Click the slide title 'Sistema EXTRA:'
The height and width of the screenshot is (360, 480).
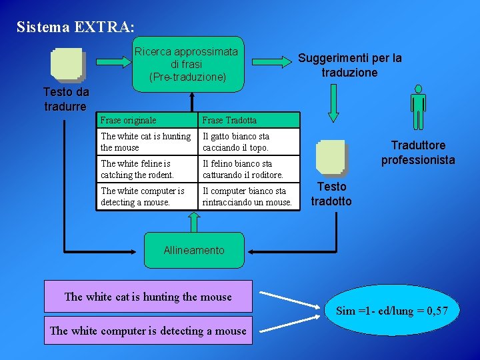pos(75,27)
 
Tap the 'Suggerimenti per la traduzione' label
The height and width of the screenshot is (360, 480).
pos(350,65)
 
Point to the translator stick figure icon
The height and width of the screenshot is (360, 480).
pos(418,107)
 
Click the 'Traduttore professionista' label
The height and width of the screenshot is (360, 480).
pos(418,153)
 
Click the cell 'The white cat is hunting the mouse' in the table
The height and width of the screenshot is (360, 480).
pos(147,142)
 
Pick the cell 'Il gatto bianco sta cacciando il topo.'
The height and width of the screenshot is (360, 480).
pos(249,142)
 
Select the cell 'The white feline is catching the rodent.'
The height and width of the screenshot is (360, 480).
pos(147,169)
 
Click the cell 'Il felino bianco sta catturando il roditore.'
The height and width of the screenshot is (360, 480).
pos(249,169)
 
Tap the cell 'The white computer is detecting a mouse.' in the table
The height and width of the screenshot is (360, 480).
pos(147,197)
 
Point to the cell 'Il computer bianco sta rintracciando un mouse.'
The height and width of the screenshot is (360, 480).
pos(249,197)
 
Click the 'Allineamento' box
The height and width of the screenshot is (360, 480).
pos(194,250)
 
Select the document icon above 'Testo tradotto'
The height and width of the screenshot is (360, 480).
pos(331,158)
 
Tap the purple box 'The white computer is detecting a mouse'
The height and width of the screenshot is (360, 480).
pos(148,331)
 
